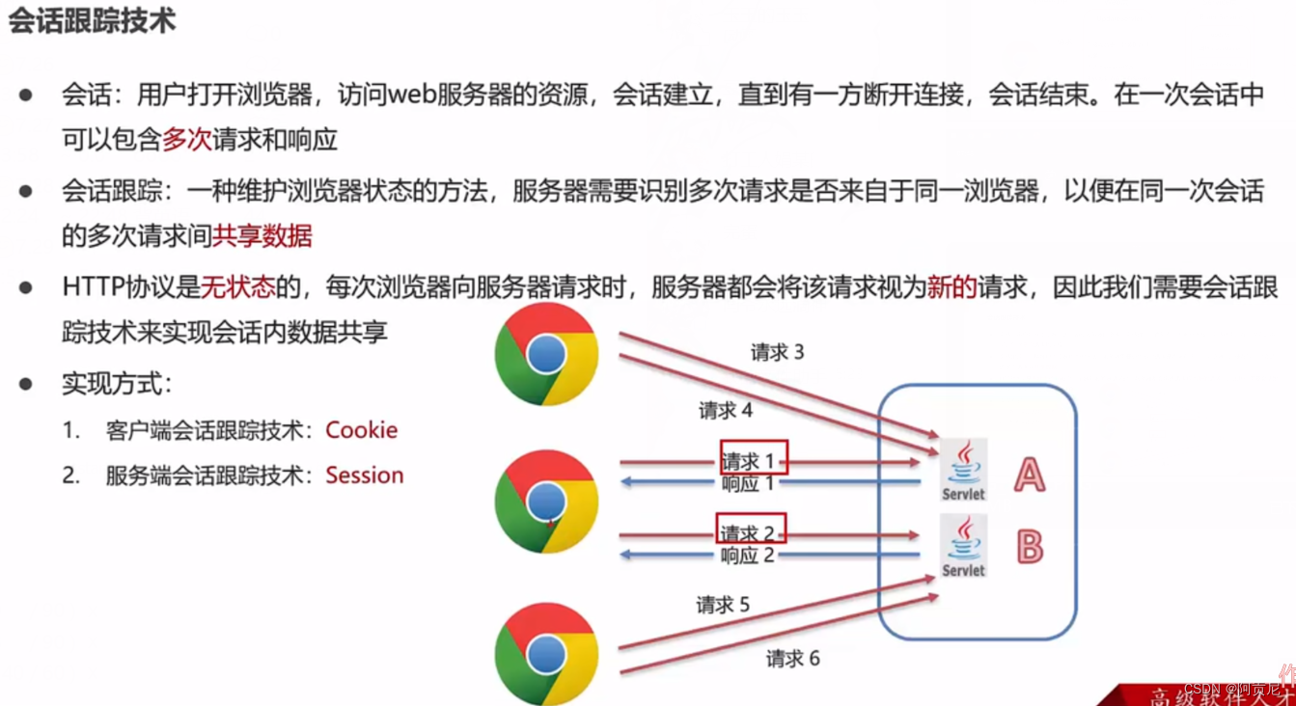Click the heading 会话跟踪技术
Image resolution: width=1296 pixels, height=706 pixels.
tap(93, 21)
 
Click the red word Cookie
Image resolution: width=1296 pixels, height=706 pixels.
tap(362, 430)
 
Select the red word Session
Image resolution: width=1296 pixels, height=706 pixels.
tap(365, 475)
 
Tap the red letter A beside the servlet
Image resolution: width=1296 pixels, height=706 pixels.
tap(1029, 475)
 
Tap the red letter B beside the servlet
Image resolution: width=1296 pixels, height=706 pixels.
tap(1030, 548)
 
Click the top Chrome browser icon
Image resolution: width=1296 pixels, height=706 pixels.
tap(546, 354)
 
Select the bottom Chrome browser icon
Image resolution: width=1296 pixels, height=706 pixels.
tap(546, 653)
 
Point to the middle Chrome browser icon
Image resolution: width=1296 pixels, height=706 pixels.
tap(546, 501)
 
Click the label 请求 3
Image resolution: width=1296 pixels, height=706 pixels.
tap(777, 353)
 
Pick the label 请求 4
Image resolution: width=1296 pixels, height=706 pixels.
tap(726, 411)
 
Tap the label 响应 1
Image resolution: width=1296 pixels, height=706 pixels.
tap(748, 483)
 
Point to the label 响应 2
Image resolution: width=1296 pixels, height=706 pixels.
tap(748, 556)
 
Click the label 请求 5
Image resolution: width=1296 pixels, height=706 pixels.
tap(723, 605)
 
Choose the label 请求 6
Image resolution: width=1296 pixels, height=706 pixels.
tap(792, 658)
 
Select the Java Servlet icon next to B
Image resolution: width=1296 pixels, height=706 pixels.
tap(964, 546)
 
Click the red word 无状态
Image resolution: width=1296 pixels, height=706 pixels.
tap(237, 287)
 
